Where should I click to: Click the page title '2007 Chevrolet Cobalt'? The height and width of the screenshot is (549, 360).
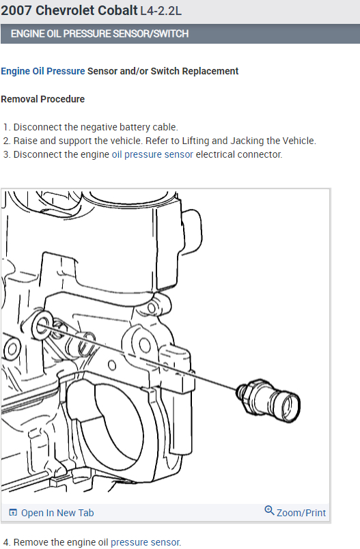click(70, 10)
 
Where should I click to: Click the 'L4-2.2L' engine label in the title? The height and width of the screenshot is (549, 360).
click(161, 11)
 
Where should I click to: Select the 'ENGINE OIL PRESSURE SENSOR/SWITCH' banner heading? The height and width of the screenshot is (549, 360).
click(100, 33)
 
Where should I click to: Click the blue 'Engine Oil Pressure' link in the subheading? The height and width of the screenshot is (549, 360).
click(43, 71)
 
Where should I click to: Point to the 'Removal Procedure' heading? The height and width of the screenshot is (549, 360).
click(43, 99)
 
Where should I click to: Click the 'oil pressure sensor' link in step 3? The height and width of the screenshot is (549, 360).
click(152, 154)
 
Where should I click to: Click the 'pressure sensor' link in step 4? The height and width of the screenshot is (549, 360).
click(146, 542)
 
